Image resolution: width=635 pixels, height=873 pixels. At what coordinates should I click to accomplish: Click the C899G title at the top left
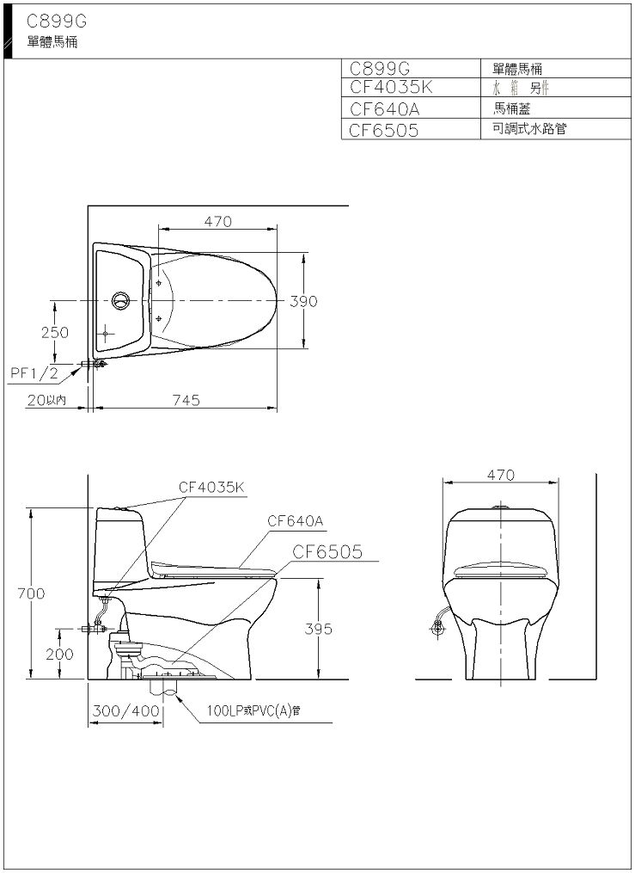pos(57,22)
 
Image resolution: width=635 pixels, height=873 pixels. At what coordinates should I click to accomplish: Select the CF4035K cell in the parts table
pos(392,88)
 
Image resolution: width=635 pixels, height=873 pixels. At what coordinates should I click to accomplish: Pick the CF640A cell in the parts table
pos(385,108)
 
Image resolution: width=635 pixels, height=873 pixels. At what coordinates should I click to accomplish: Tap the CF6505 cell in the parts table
pos(384,130)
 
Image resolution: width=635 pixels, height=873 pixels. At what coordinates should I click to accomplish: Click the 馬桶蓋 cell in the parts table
pos(511,108)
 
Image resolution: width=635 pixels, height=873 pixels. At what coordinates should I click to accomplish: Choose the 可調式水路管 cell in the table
pos(529,129)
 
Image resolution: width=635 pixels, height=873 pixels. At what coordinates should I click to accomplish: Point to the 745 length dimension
pos(186,400)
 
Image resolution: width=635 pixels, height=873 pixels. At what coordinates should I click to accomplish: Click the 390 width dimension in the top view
pos(303,301)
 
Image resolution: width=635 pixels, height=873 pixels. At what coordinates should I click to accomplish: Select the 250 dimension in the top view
pos(55,332)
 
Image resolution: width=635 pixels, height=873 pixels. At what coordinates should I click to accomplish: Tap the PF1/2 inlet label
pos(34,373)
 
